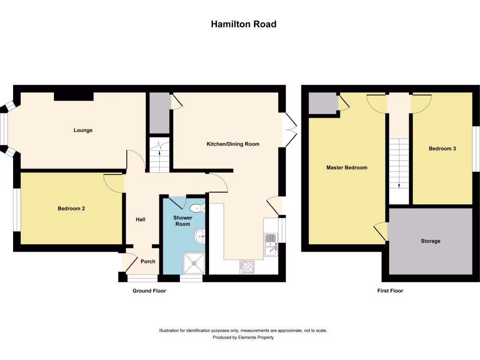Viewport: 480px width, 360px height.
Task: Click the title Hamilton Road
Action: [x=243, y=24]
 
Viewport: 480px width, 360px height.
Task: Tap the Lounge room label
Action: [x=83, y=130]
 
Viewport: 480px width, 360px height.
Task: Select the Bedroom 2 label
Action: [x=71, y=209]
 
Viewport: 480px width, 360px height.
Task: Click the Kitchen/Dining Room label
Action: [x=233, y=144]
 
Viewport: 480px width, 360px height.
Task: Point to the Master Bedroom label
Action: [x=346, y=167]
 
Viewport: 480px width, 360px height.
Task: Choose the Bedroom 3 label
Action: [x=442, y=149]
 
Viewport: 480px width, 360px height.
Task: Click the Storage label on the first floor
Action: [x=430, y=241]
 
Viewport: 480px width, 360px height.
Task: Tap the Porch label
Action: [x=148, y=262]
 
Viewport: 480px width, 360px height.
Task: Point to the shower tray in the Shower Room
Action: [x=195, y=262]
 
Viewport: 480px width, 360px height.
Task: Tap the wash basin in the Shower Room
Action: [x=200, y=237]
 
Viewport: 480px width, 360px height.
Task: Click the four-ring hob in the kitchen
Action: [x=247, y=267]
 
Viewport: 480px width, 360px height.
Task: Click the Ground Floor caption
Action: [x=149, y=291]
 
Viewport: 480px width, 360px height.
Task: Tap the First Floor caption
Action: [x=390, y=291]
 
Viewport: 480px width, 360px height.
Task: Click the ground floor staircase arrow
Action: [x=161, y=147]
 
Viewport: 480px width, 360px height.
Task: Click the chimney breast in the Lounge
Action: [x=74, y=96]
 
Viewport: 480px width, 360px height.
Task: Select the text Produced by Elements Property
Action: [x=243, y=337]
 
